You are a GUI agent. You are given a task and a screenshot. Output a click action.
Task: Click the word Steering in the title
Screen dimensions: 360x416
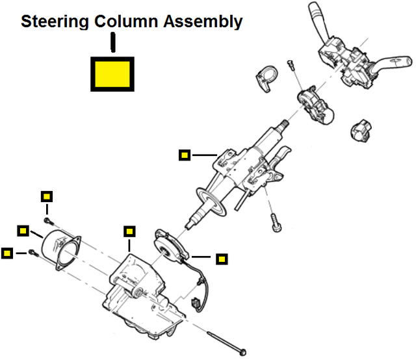(x=55, y=21)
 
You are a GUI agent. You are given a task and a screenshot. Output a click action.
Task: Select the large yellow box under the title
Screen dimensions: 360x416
(x=112, y=73)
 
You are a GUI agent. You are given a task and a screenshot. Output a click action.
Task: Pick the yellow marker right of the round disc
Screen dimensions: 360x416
(x=222, y=259)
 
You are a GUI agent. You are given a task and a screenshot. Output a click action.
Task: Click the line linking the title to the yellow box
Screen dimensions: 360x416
(x=113, y=44)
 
